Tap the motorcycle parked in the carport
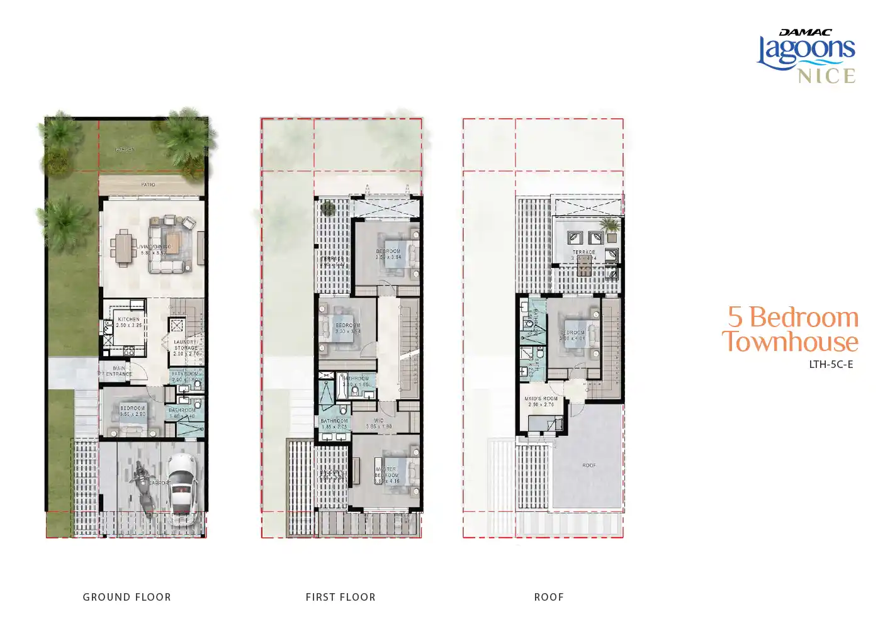pyautogui.click(x=142, y=488)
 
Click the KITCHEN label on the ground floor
pyautogui.click(x=129, y=320)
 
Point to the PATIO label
pyautogui.click(x=149, y=185)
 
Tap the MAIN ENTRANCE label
pyautogui.click(x=118, y=371)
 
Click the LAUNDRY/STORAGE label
pyautogui.click(x=186, y=345)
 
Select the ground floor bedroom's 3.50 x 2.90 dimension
pyautogui.click(x=132, y=415)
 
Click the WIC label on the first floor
pyautogui.click(x=379, y=421)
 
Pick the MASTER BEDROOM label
pyautogui.click(x=386, y=472)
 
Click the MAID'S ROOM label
pyautogui.click(x=541, y=399)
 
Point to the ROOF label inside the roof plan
pyautogui.click(x=589, y=465)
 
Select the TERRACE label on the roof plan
pyautogui.click(x=584, y=252)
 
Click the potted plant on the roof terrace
pyautogui.click(x=609, y=225)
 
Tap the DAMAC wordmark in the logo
pyautogui.click(x=806, y=32)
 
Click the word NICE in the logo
pyautogui.click(x=826, y=76)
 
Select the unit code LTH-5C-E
pyautogui.click(x=831, y=364)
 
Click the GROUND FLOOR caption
pyautogui.click(x=127, y=597)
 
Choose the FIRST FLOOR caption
pyautogui.click(x=341, y=597)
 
